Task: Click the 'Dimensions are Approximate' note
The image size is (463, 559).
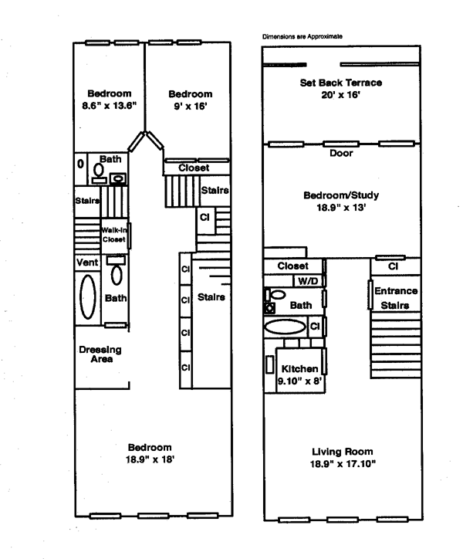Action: click(302, 36)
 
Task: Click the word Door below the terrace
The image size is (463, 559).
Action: click(340, 152)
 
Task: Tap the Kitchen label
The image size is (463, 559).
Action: click(296, 368)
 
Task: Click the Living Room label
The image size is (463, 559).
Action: click(342, 452)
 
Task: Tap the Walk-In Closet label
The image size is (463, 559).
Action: click(113, 234)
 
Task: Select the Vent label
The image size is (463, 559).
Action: click(86, 263)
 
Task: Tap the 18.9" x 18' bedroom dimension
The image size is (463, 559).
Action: click(150, 459)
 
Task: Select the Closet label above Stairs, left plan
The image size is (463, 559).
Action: click(196, 168)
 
